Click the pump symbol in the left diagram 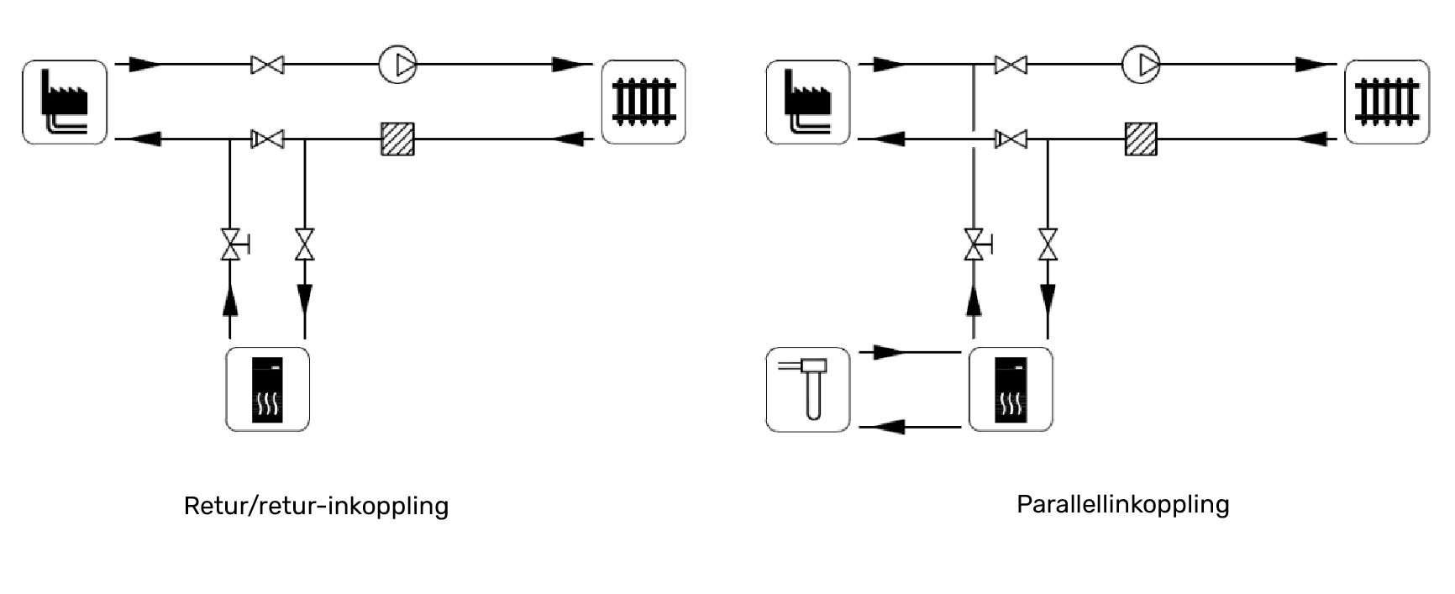point(397,64)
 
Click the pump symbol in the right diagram point(1141,64)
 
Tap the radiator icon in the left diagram point(643,102)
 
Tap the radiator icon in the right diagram point(1387,102)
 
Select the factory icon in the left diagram point(65,102)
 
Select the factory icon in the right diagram point(808,102)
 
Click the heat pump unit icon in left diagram point(268,389)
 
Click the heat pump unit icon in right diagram point(1011,389)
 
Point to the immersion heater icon point(808,389)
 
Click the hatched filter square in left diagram point(397,139)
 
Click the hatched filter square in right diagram point(1141,139)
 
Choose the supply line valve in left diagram point(267,64)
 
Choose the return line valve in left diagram point(267,139)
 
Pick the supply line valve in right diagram point(1011,64)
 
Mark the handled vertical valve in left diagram point(230,244)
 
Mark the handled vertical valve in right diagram point(974,244)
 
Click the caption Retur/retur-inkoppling point(316,506)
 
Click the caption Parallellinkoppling point(1122,504)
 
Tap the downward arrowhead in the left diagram point(305,298)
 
